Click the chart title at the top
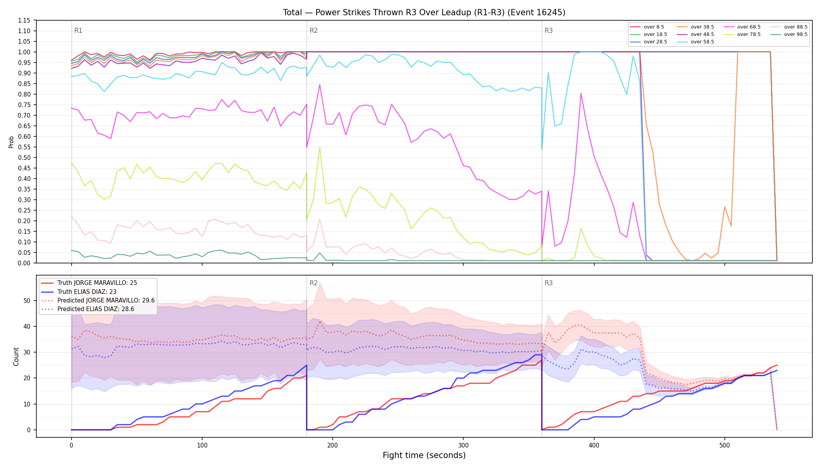(x=424, y=13)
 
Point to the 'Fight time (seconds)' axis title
(x=424, y=455)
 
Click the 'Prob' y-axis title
(x=11, y=142)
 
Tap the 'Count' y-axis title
(x=16, y=356)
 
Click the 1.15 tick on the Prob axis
(x=24, y=20)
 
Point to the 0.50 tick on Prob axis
(x=24, y=158)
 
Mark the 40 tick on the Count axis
(x=27, y=326)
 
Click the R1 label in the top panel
(x=78, y=30)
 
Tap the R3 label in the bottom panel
(x=549, y=283)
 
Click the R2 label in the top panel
(x=314, y=30)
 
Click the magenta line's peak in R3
(x=581, y=93)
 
